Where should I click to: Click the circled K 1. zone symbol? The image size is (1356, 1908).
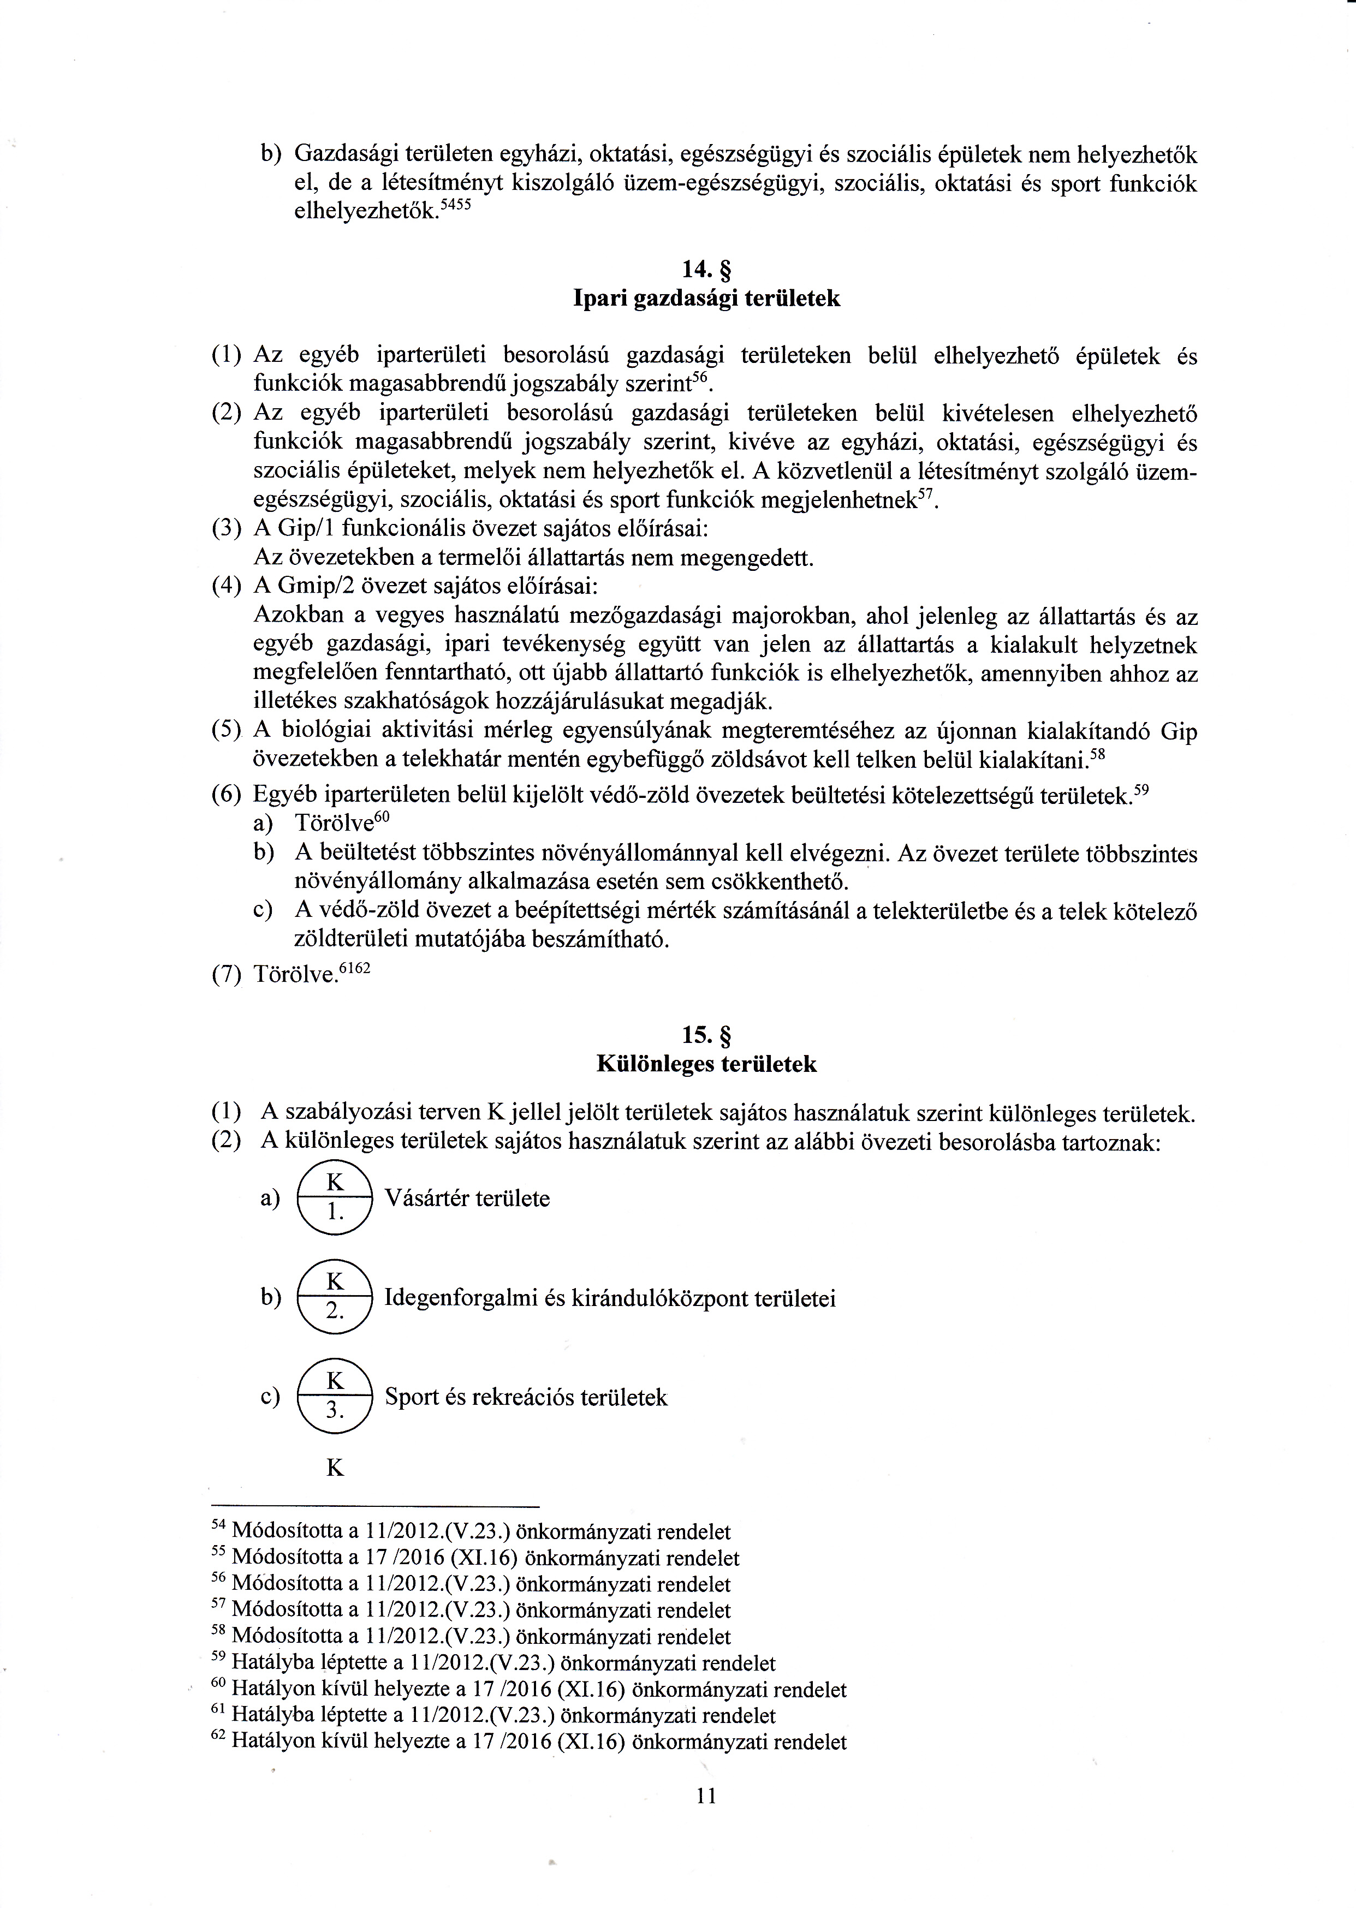click(334, 1199)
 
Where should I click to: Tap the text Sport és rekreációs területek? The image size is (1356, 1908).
click(526, 1398)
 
